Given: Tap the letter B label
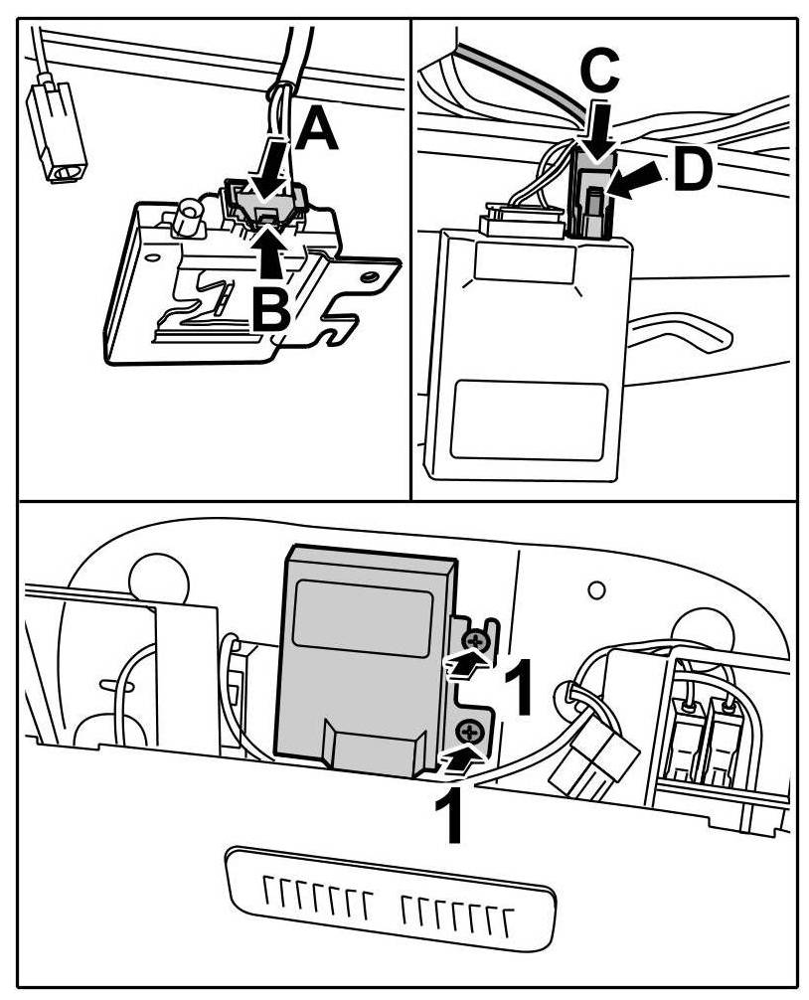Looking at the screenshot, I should [270, 309].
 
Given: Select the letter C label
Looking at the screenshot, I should [599, 71].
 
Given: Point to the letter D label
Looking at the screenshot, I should [692, 171].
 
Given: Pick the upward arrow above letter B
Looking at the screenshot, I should [269, 249].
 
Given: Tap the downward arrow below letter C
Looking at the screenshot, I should [598, 133].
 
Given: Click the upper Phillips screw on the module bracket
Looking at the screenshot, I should [478, 641].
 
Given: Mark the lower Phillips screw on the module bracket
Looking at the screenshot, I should [467, 734].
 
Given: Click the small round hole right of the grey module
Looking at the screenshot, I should [596, 590].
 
